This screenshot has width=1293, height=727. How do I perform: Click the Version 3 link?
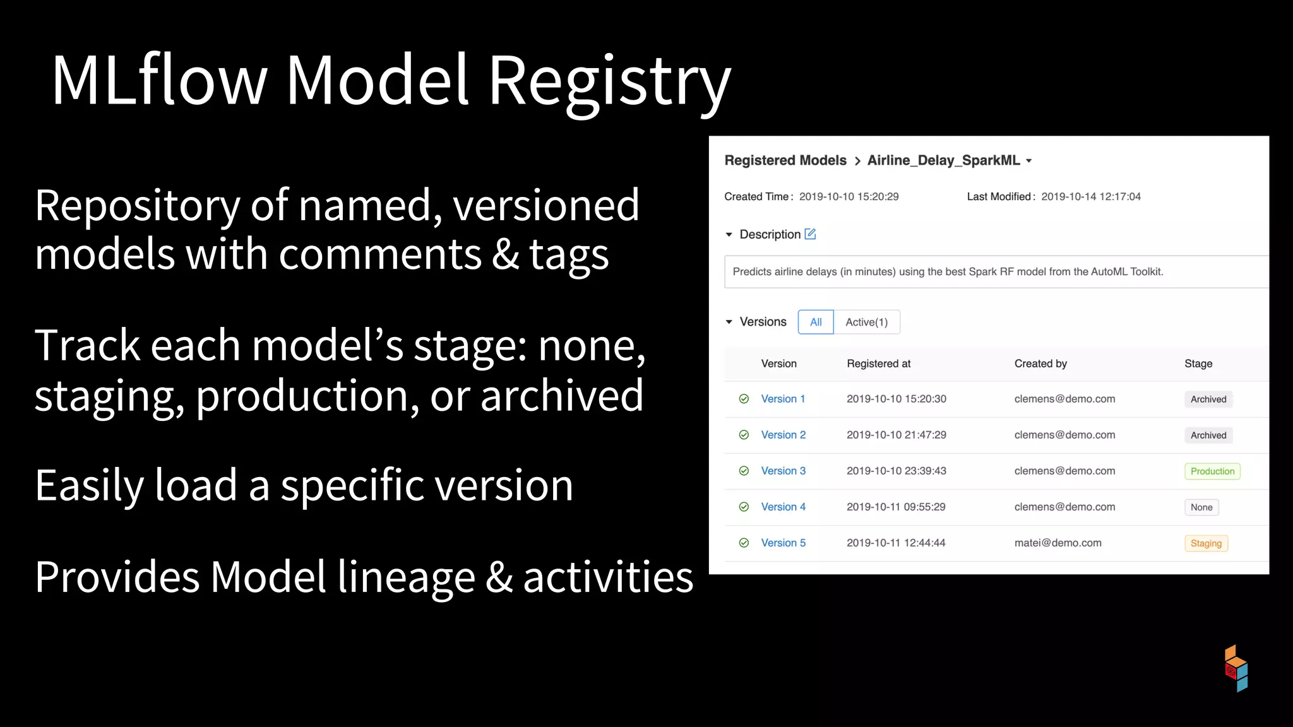pos(783,471)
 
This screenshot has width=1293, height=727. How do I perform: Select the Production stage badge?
pos(1212,471)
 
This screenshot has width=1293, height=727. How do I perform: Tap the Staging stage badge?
pos(1206,543)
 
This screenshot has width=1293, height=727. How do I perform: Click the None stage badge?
pos(1201,507)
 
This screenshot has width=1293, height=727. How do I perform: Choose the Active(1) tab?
pos(866,322)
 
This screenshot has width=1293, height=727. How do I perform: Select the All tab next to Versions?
pos(816,322)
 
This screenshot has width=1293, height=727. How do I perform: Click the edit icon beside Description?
pos(810,234)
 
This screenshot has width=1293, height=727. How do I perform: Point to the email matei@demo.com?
pos(1058,543)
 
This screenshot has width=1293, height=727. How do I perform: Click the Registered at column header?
pos(878,363)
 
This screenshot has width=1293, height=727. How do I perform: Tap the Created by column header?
pos(1040,363)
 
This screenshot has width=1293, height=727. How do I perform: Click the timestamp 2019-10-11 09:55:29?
pos(896,507)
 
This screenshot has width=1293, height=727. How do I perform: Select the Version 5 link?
pos(783,543)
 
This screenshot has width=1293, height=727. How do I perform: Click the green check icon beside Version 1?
pos(744,399)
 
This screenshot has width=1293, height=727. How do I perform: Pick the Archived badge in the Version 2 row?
pos(1208,435)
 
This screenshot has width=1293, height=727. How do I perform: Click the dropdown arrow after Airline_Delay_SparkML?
pos(1029,161)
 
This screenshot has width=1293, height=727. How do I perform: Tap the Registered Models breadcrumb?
pos(785,160)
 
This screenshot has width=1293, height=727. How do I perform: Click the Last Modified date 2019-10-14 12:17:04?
pos(1090,197)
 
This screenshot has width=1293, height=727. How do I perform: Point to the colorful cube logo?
pos(1236,668)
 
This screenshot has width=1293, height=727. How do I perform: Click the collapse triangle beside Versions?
pos(729,322)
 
